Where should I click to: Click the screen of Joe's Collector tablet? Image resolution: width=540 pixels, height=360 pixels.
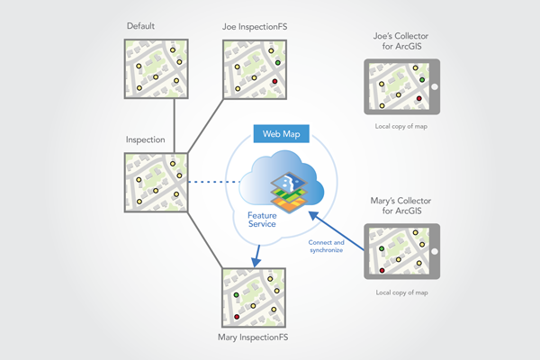pos(400,87)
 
